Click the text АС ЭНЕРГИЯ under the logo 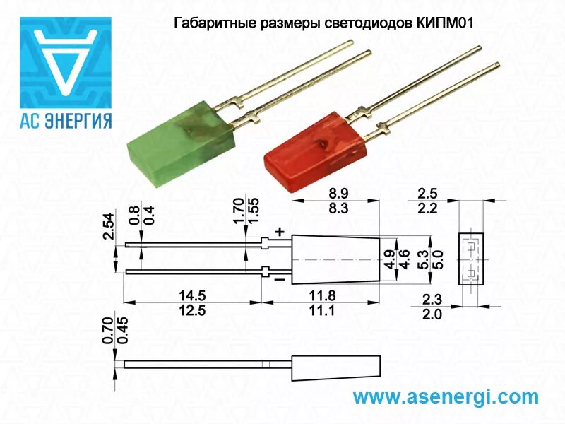click(x=64, y=120)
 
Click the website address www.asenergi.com click(x=445, y=396)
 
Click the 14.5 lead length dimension click(x=192, y=294)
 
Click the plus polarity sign click(x=280, y=231)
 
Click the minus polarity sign click(x=280, y=279)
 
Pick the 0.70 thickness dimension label click(x=107, y=331)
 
